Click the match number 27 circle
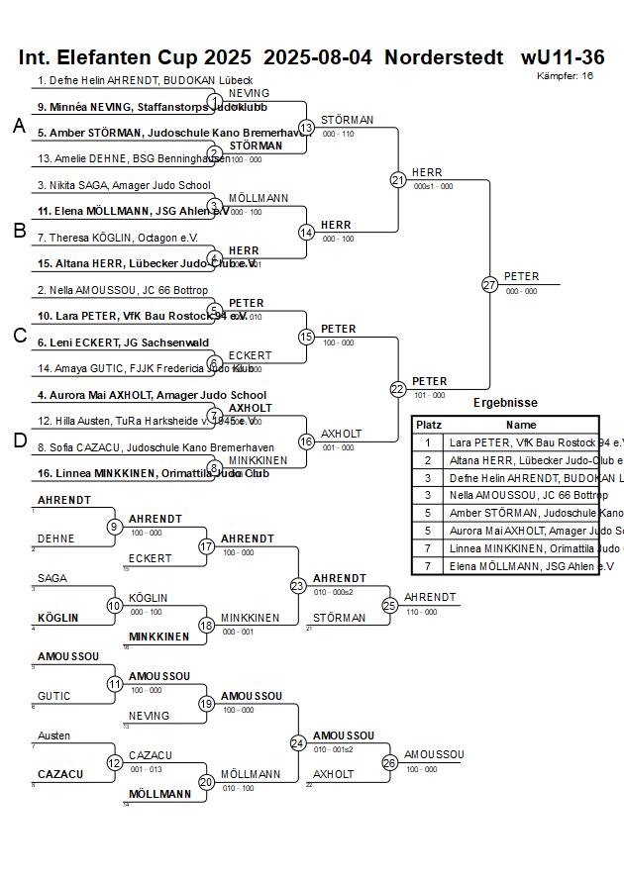point(489,284)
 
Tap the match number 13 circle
point(307,128)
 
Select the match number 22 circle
point(398,389)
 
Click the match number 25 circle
point(390,605)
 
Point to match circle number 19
point(207,704)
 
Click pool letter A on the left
point(18,126)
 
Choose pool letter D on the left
point(18,441)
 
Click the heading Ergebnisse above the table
point(505,403)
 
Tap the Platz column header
point(429,424)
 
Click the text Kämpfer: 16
point(566,75)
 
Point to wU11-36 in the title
point(563,56)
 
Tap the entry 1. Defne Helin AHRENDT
point(145,80)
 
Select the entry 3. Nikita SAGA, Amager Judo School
point(124,185)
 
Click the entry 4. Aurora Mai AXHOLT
point(152,395)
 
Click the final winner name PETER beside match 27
point(522,276)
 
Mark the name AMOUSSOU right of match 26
point(434,754)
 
